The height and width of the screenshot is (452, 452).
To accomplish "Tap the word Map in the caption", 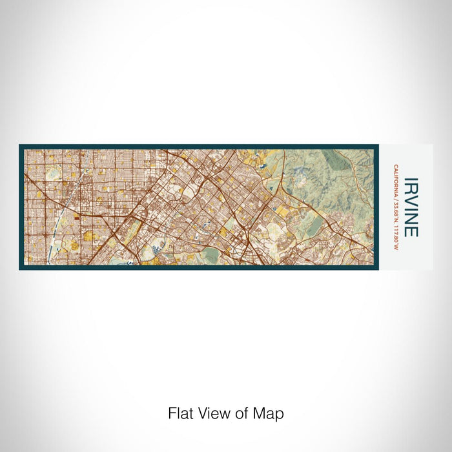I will pyautogui.click(x=271, y=413).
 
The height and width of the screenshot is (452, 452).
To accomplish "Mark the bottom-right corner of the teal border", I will pyautogui.click(x=376, y=268).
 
